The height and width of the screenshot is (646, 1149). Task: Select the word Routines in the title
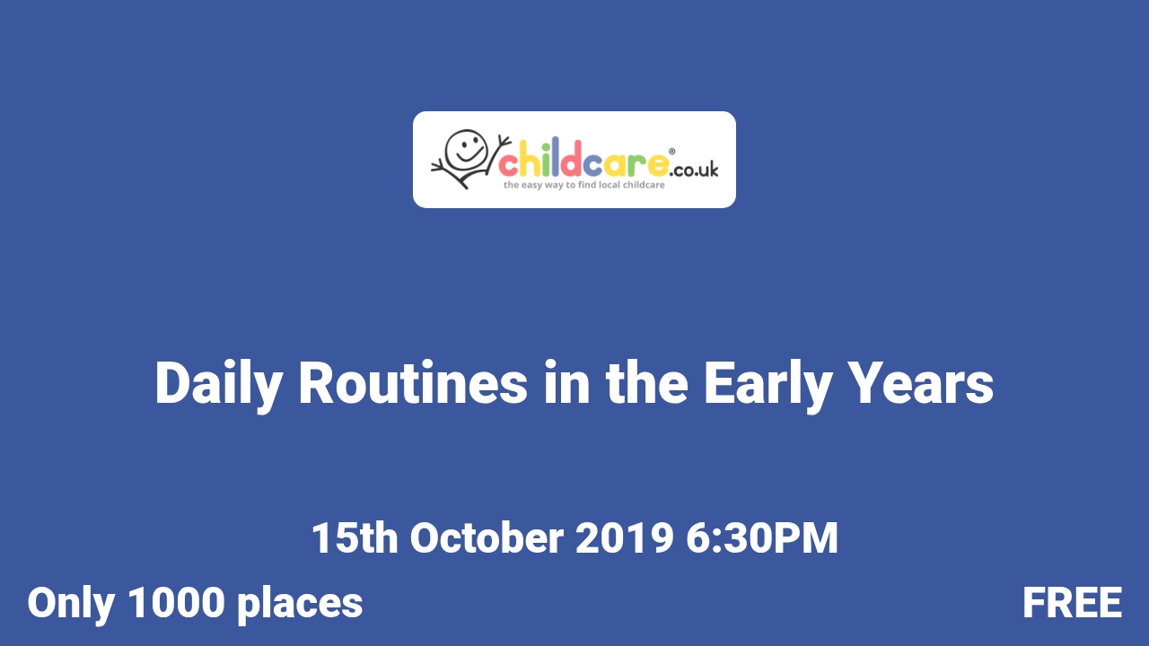tap(413, 384)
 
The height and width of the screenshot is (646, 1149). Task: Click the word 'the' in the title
tap(646, 384)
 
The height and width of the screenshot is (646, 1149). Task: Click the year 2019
tap(624, 538)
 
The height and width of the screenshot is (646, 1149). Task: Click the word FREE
tap(1072, 603)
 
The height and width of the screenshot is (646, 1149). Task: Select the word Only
tap(70, 603)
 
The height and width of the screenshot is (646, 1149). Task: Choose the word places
tap(300, 603)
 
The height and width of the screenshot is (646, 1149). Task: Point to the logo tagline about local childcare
tap(583, 185)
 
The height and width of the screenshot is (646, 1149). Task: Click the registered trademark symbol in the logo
tap(672, 152)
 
